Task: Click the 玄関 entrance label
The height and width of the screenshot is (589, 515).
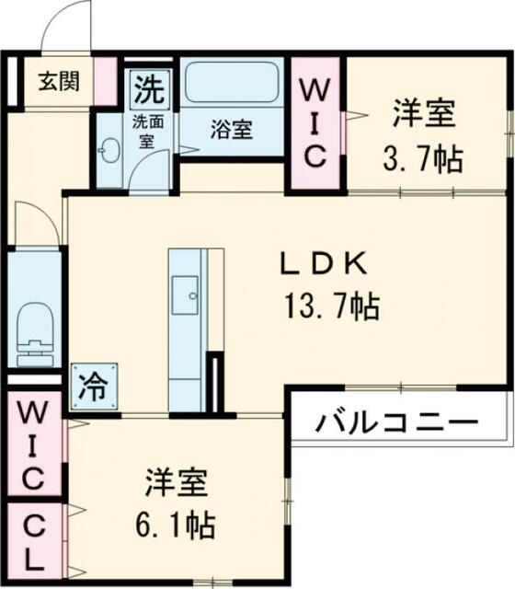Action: (x=59, y=81)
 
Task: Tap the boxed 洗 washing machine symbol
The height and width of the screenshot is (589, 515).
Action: (x=150, y=88)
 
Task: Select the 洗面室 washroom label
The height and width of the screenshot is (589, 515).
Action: (x=147, y=131)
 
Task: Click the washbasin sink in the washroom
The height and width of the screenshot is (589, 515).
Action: (x=109, y=150)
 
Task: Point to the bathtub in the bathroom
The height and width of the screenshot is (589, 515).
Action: (x=233, y=82)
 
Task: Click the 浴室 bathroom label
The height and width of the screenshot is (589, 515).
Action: (x=231, y=129)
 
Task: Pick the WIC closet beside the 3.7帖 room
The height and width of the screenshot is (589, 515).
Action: (x=315, y=123)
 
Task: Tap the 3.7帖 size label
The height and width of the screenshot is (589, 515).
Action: (x=423, y=158)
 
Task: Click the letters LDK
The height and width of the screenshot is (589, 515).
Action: (x=323, y=263)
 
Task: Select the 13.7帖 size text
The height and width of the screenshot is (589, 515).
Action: (x=332, y=306)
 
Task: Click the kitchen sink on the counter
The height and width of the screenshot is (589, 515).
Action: (x=185, y=294)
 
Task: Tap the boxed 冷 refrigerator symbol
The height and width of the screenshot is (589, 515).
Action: (x=94, y=387)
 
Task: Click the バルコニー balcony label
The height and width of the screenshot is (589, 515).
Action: (x=396, y=422)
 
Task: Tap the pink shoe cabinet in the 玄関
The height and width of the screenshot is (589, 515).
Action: (x=106, y=81)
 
